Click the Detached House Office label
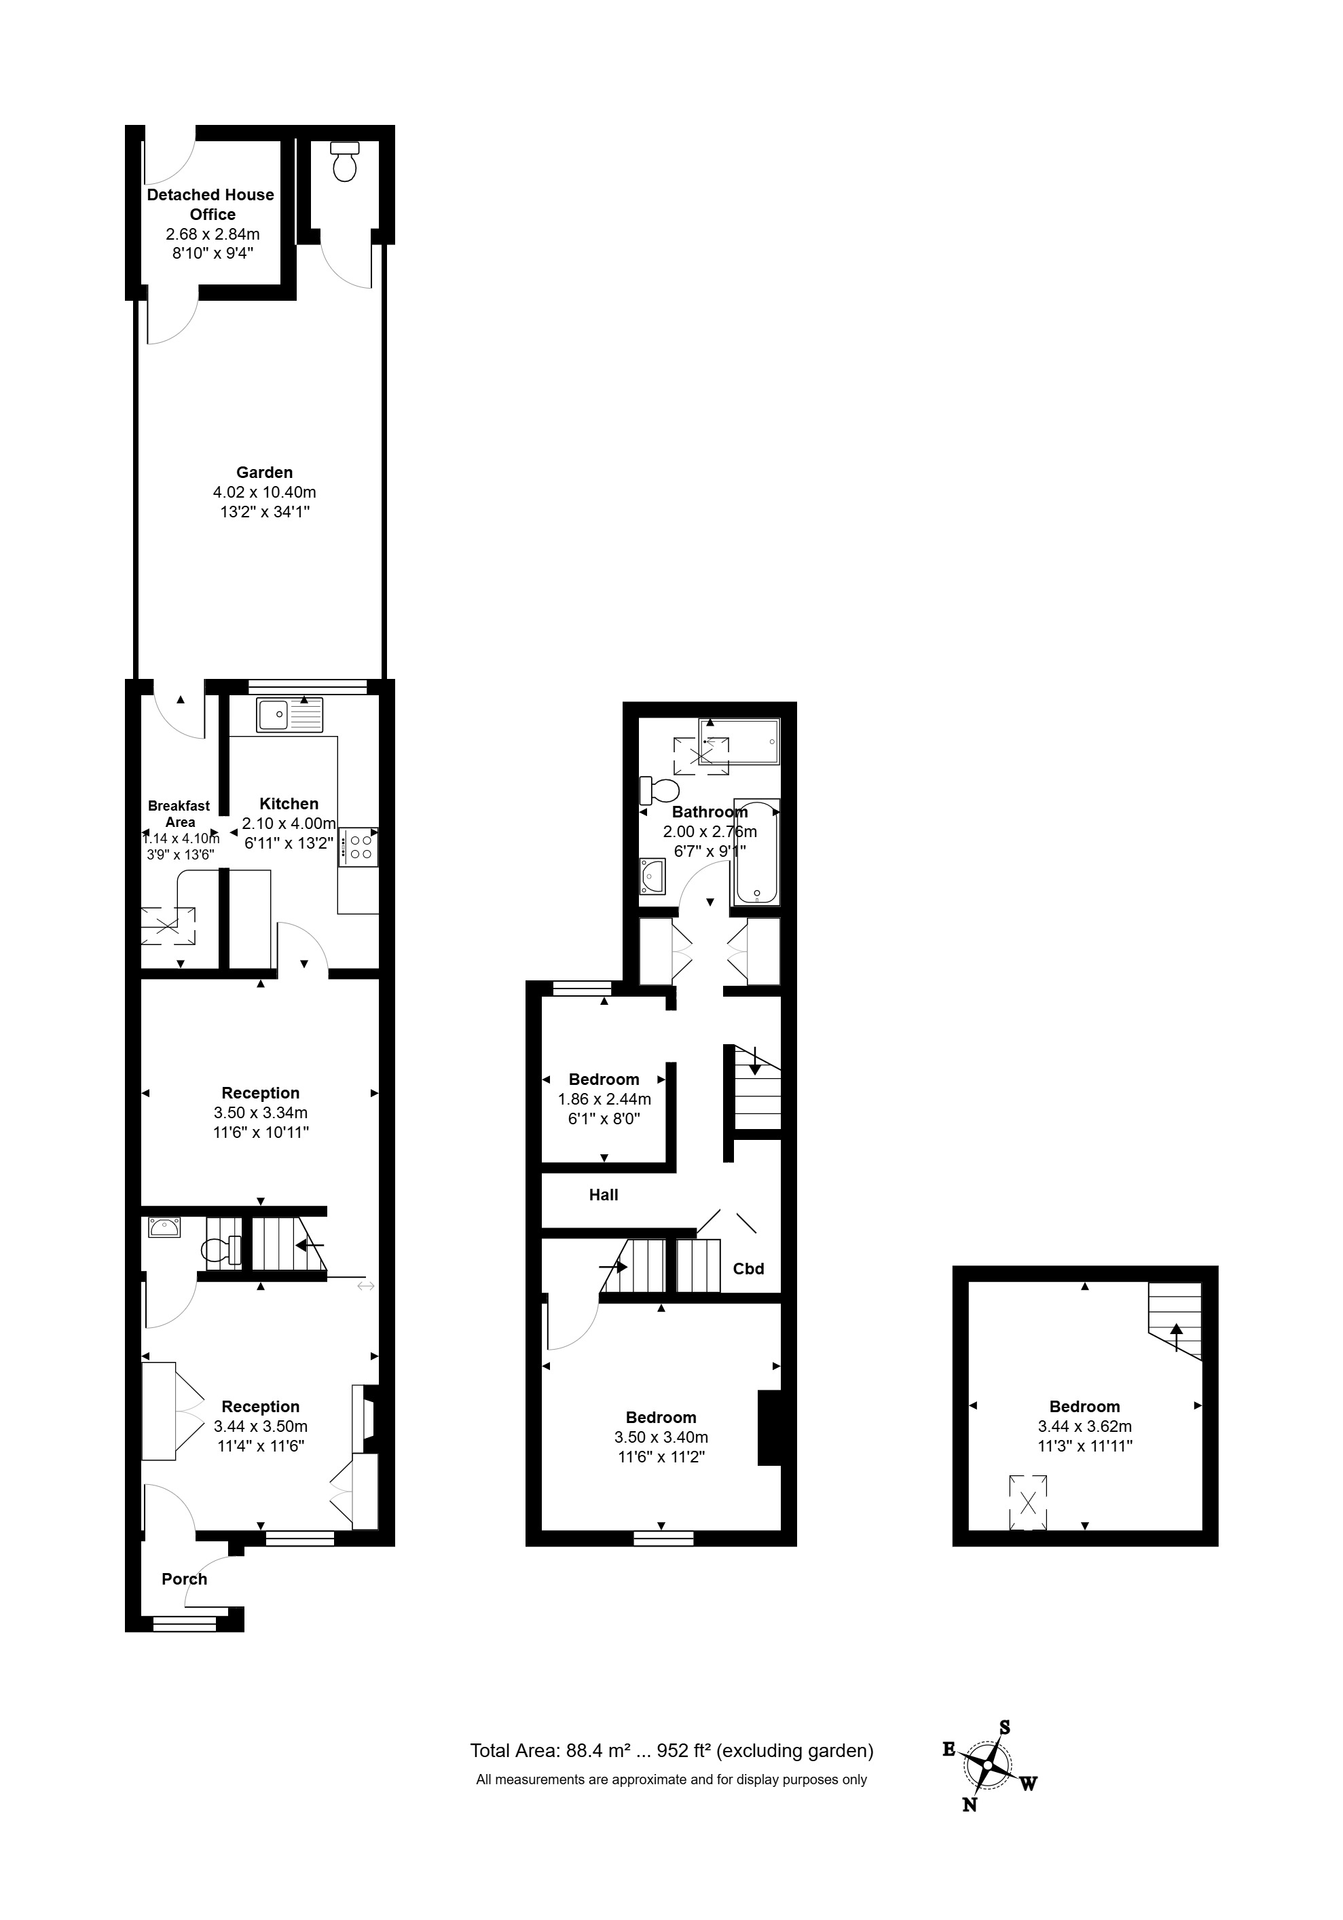210,204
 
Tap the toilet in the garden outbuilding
344,163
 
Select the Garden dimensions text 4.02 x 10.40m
264,492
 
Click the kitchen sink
289,716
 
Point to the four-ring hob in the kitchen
361,847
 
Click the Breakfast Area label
179,813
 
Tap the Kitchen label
289,804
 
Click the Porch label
184,1579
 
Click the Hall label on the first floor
603,1195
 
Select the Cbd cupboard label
748,1268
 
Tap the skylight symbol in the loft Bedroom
1028,1502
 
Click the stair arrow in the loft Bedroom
1177,1335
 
